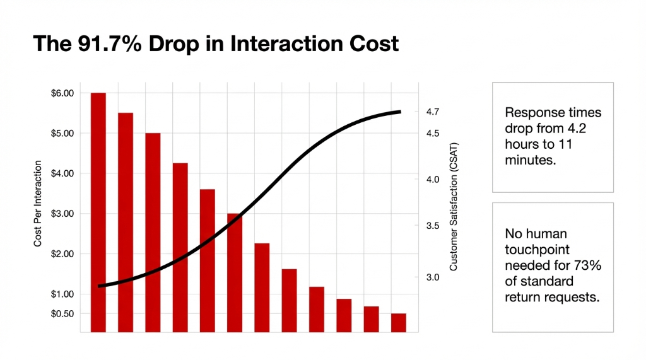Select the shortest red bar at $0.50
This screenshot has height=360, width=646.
399,322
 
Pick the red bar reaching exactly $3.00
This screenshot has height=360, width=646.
235,272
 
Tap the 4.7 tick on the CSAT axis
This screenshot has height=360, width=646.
433,112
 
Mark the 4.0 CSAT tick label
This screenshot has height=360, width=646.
433,180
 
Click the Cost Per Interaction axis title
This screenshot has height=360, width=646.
38,204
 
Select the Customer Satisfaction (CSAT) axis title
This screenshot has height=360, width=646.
453,207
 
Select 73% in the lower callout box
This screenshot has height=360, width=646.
589,265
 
